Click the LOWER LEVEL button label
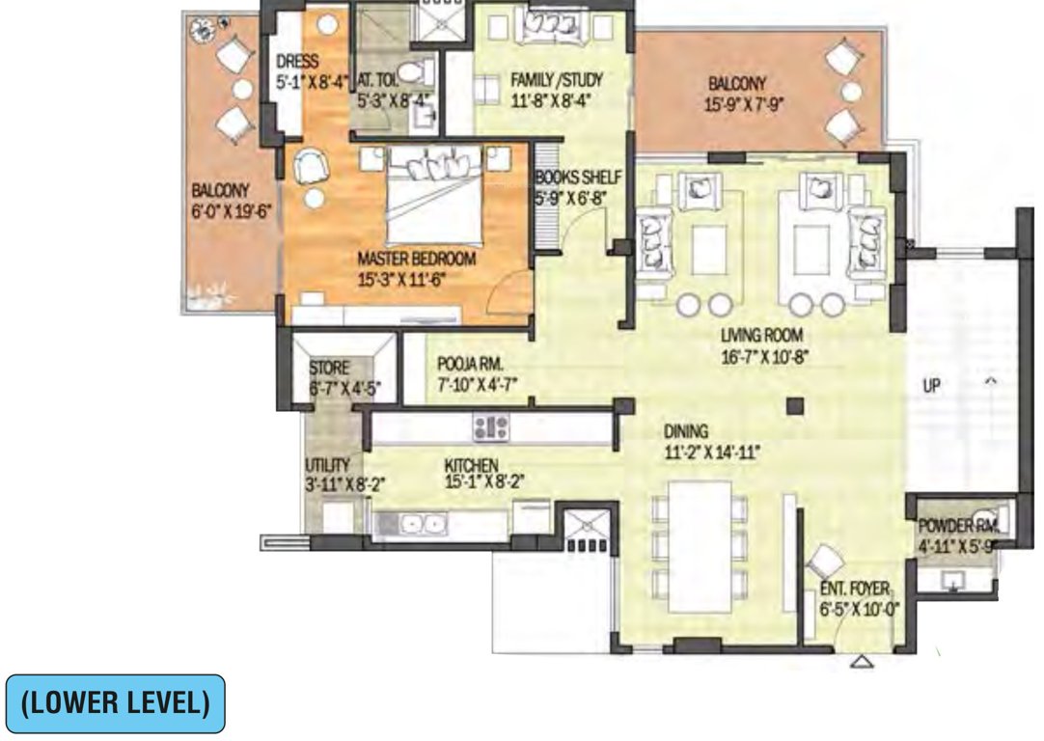[x=115, y=703]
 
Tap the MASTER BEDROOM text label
[x=416, y=260]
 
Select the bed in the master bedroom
[x=433, y=199]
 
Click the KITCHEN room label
[x=471, y=464]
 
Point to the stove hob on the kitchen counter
[x=490, y=425]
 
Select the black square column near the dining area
[x=794, y=406]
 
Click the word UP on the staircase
[x=931, y=385]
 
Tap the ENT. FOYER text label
[x=855, y=591]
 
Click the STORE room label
[x=329, y=369]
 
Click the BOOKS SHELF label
[x=577, y=178]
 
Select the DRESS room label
[x=296, y=62]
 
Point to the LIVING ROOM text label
[x=762, y=337]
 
